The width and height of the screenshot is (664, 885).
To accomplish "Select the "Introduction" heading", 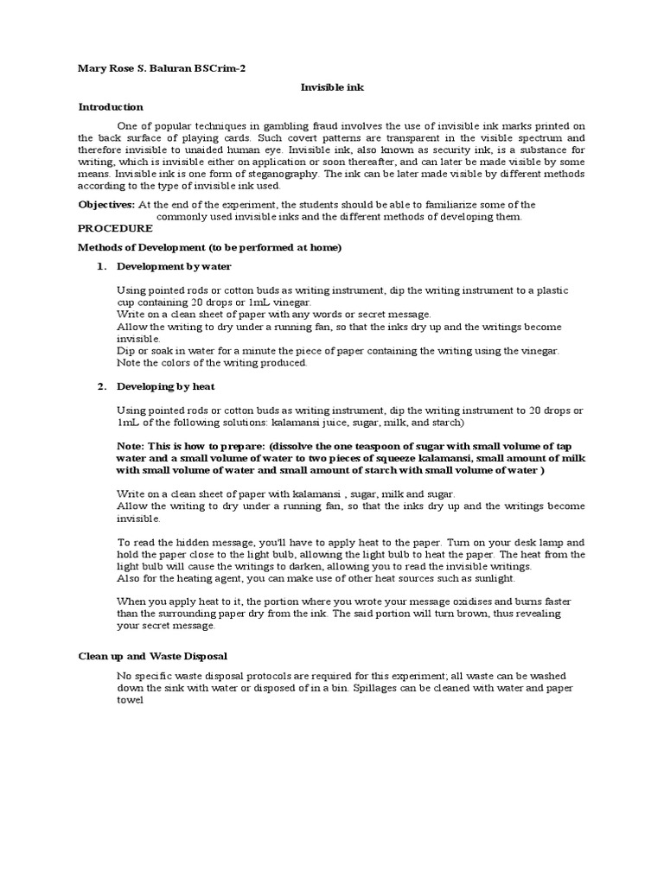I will (111, 107).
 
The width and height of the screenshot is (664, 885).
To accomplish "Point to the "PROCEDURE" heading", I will (115, 228).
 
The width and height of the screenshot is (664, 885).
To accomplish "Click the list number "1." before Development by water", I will (101, 266).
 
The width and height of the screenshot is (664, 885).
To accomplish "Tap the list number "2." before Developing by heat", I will (101, 385).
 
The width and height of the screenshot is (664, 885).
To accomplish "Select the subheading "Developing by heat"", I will (165, 385).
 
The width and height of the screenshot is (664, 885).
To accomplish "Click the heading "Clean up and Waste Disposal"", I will (153, 656).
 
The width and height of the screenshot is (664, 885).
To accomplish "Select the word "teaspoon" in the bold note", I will (362, 446).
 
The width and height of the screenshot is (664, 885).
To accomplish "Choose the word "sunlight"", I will (491, 578).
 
